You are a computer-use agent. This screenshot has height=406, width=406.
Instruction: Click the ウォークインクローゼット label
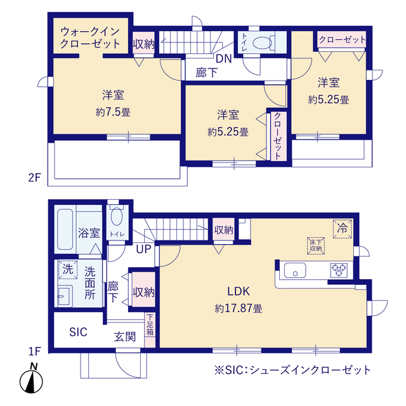coord(90,37)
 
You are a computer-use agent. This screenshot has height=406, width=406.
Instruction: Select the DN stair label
coord(223,60)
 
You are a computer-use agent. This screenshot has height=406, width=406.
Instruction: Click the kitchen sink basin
coord(296,272)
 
